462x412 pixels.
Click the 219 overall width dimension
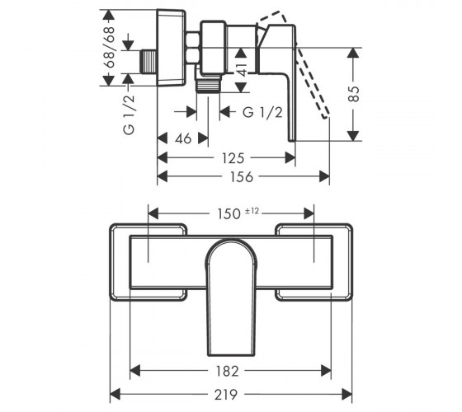click(x=225, y=395)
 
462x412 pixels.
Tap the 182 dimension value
click(x=227, y=372)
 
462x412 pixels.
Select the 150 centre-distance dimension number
click(x=229, y=214)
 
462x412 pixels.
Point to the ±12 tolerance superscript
click(x=252, y=211)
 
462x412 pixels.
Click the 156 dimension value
click(x=241, y=177)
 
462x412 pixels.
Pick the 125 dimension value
click(x=233, y=158)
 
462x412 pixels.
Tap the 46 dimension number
click(x=183, y=138)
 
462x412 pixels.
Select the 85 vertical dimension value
click(x=354, y=94)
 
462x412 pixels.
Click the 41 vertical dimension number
click(x=241, y=70)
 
